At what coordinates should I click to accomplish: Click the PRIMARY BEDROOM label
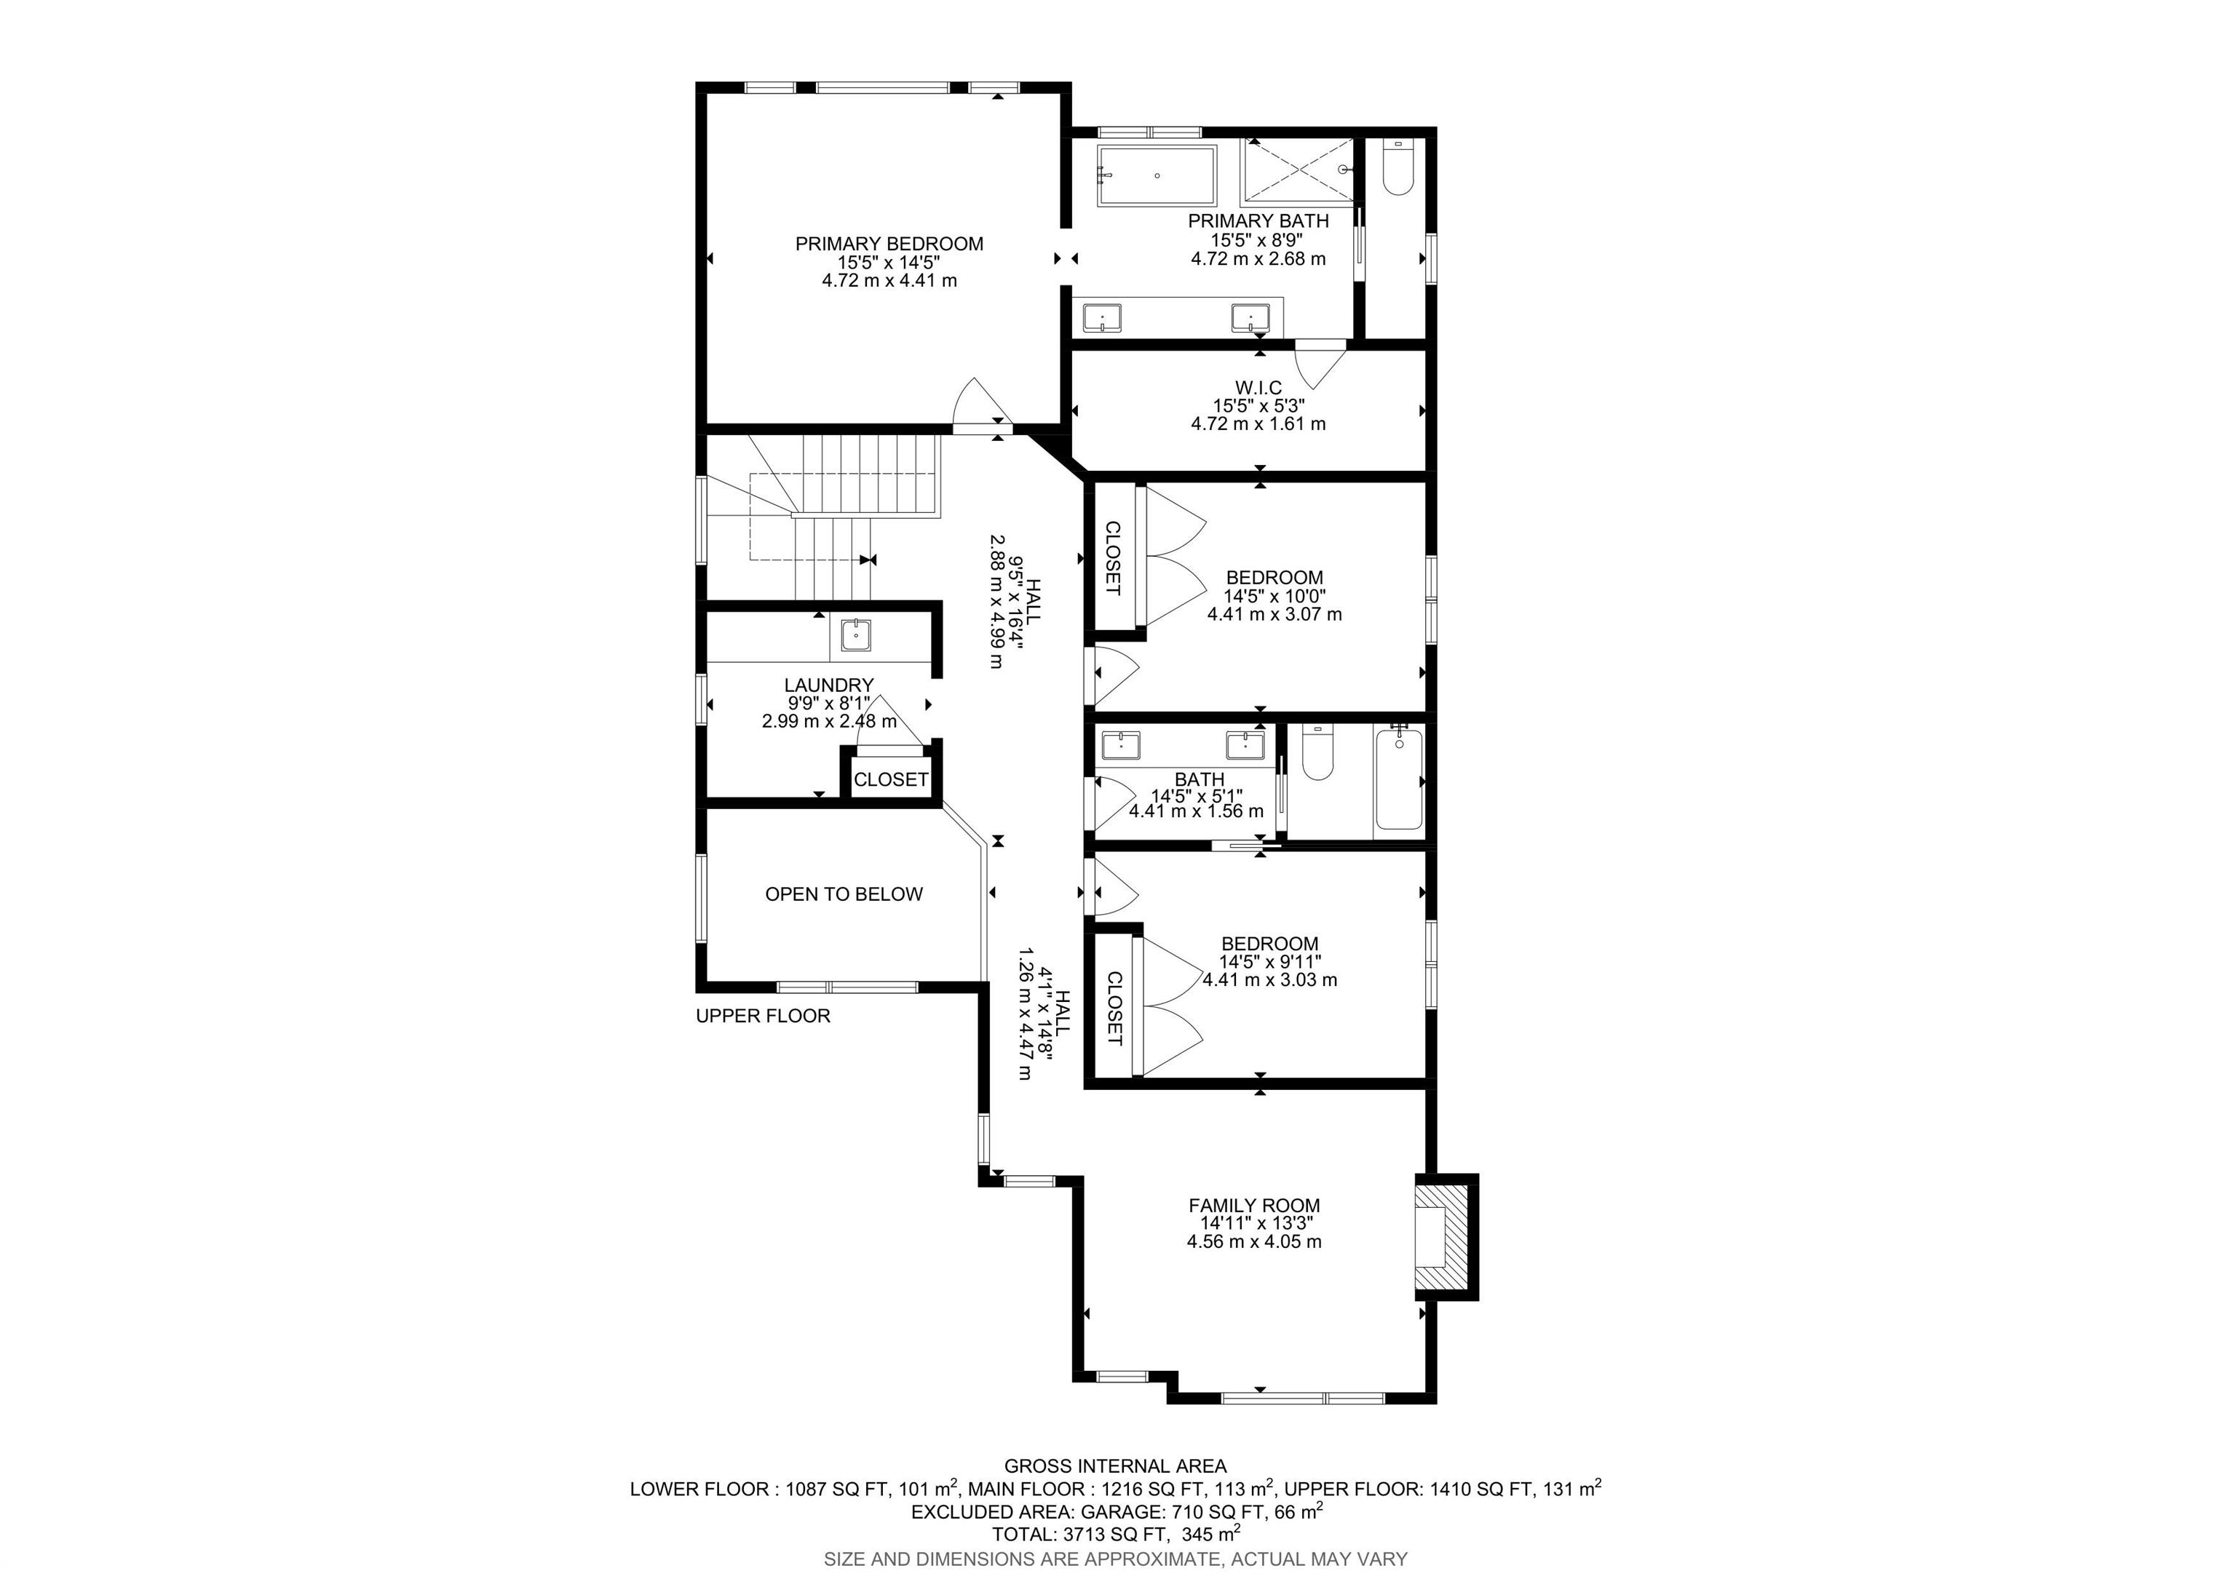(x=889, y=244)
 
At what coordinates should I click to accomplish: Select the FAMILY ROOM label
(x=1254, y=1205)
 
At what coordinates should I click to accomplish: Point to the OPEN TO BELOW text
(x=844, y=894)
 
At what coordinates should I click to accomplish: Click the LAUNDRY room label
(x=829, y=685)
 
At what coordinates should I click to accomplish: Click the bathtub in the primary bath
(x=1157, y=176)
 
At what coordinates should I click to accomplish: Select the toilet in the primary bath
(x=1397, y=167)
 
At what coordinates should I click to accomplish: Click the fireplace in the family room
(x=1446, y=1236)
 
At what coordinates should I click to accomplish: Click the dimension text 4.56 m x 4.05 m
(x=1254, y=1242)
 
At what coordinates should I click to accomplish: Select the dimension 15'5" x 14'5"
(x=889, y=263)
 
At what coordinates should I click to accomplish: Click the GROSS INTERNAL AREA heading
(x=1116, y=1466)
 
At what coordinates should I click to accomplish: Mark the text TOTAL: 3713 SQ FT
(x=1079, y=1534)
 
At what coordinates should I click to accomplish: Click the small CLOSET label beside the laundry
(x=891, y=780)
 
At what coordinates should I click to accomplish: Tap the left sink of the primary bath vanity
(x=1103, y=317)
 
